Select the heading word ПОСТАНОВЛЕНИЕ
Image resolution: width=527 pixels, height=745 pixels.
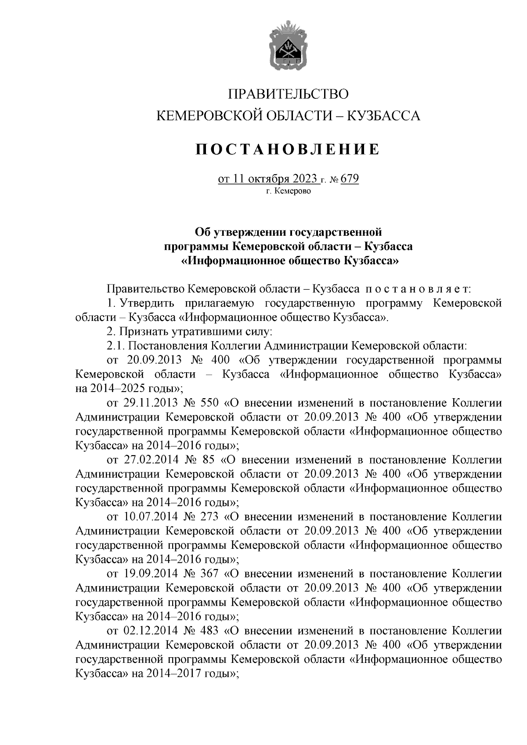click(288, 149)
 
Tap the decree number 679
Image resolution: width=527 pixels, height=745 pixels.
click(350, 179)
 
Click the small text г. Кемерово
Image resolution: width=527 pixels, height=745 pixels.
click(288, 191)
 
